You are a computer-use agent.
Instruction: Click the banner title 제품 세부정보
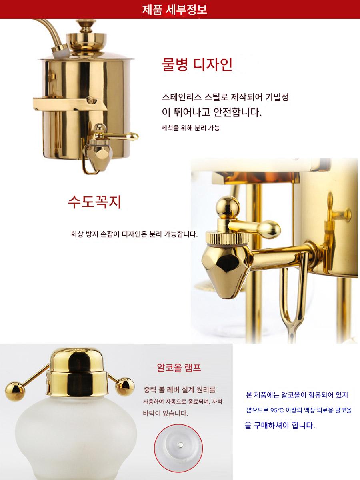click(174, 10)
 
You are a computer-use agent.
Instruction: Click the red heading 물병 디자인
click(197, 64)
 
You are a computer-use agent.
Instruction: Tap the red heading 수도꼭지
click(94, 202)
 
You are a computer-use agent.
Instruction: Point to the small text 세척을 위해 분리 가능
click(190, 128)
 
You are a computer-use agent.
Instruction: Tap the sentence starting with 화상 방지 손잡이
click(134, 234)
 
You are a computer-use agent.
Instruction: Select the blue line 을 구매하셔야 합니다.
click(280, 425)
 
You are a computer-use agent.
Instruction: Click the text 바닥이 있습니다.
click(165, 413)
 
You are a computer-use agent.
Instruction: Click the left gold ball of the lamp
click(15, 392)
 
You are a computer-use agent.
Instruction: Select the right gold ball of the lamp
click(125, 387)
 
